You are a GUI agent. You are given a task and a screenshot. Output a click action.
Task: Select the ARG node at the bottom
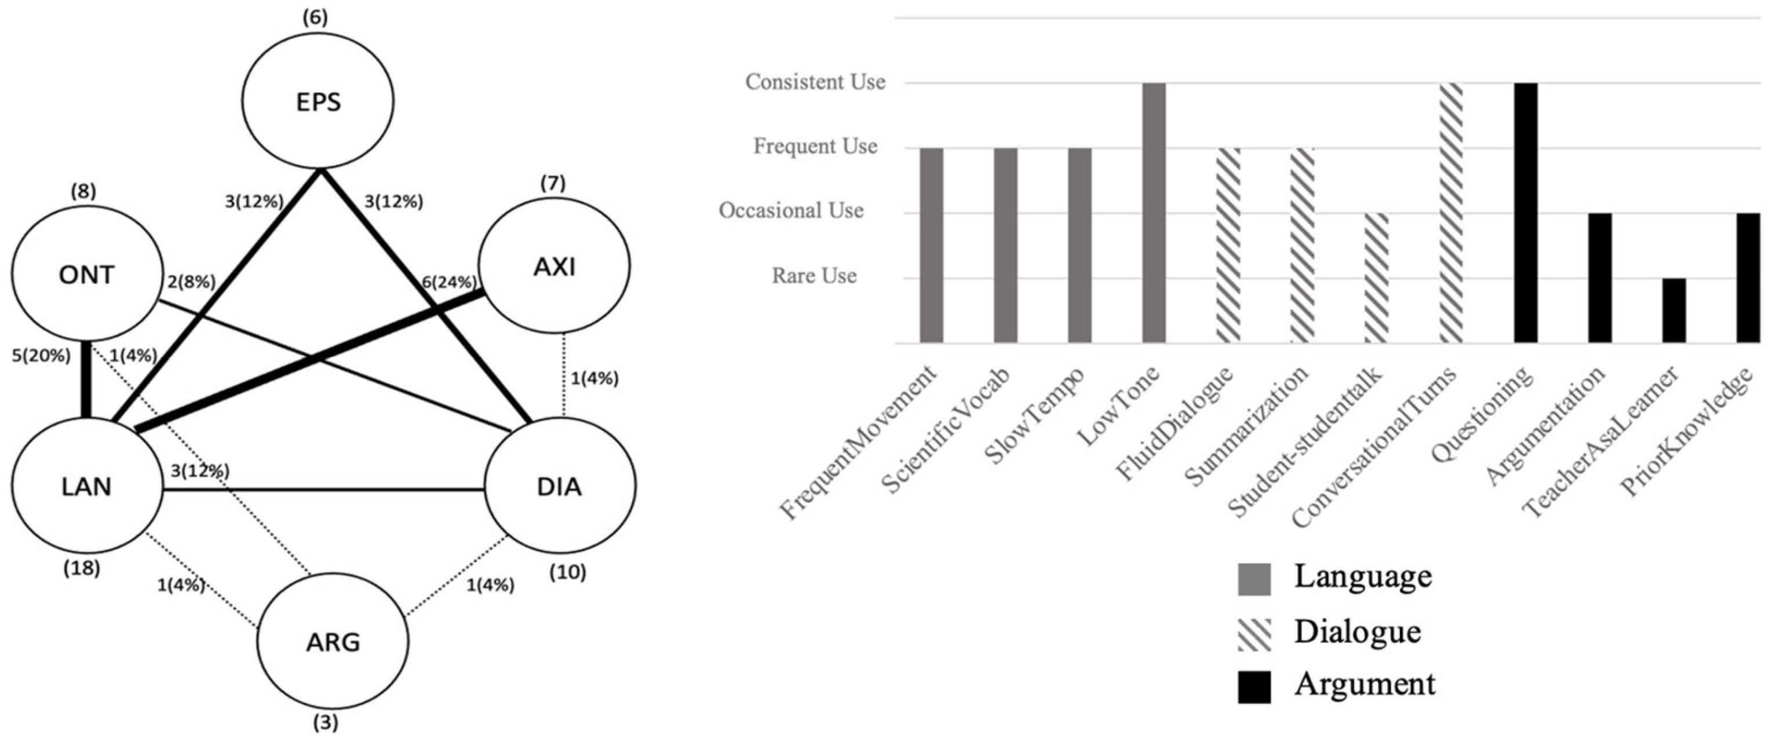pos(333,642)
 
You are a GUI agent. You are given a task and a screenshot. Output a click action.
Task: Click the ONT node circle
pos(86,275)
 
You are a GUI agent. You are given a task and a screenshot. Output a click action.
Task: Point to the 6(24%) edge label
pos(449,282)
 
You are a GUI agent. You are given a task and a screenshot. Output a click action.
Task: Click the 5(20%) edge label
pos(41,356)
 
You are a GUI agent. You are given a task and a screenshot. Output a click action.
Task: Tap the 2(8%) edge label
pos(191,282)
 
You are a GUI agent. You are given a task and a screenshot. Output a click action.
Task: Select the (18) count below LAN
pos(82,569)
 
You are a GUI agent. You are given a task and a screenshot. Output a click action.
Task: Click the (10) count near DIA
pos(567,572)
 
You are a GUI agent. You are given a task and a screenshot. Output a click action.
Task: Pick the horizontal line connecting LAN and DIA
pos(323,490)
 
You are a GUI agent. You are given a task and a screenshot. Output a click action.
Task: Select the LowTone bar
pos(1154,212)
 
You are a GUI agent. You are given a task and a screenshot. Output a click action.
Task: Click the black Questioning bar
pos(1526,212)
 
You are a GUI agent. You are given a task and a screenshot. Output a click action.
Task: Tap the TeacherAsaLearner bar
pos(1674,310)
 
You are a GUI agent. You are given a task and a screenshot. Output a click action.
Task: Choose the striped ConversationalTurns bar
pos(1452,212)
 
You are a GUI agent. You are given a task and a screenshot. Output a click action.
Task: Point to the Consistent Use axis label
pos(815,82)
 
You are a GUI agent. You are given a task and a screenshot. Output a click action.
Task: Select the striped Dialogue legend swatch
pos(1254,634)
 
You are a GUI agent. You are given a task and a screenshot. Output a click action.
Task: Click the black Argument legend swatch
pos(1254,687)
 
